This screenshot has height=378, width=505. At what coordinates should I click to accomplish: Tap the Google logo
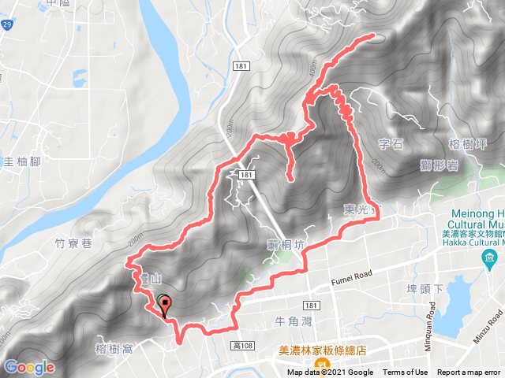(29, 367)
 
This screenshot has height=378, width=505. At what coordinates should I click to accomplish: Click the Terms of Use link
(405, 372)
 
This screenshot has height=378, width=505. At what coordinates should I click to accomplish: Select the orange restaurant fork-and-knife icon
(322, 364)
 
